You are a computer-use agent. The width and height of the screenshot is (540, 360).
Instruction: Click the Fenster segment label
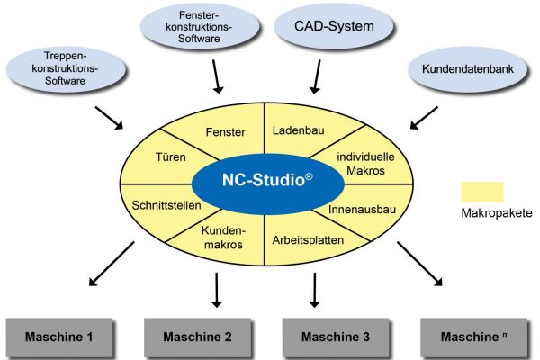(226, 132)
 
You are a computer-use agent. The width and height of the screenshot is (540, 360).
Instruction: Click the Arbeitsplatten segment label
(307, 240)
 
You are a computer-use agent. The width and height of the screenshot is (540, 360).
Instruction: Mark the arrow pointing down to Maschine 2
(217, 288)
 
